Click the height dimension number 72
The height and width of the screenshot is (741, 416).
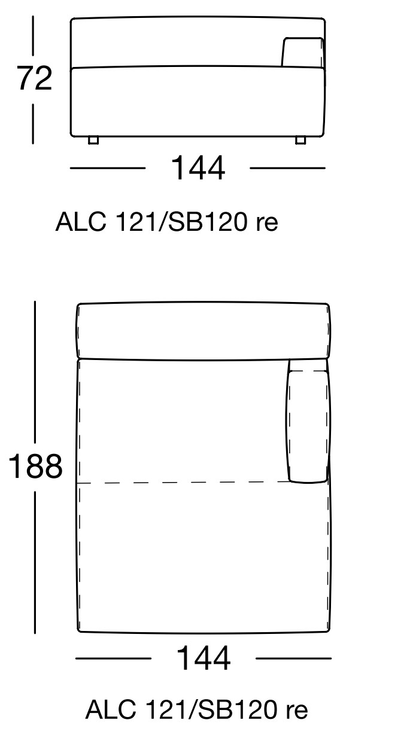tap(35, 78)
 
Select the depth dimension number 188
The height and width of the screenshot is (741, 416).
tap(35, 466)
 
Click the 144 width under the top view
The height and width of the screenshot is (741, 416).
tap(204, 658)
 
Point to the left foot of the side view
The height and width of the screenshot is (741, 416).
tap(93, 141)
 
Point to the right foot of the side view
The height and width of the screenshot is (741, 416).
tap(300, 141)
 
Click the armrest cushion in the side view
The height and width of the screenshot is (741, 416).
tap(303, 52)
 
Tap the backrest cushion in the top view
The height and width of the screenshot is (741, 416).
tap(204, 331)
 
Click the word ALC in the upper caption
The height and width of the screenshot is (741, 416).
tap(81, 222)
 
